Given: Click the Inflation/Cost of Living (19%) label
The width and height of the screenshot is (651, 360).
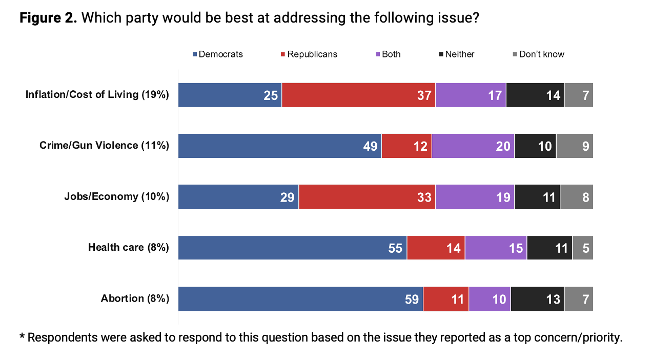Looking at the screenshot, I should [x=97, y=95].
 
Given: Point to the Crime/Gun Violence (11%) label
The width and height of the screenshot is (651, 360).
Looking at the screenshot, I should [x=104, y=146].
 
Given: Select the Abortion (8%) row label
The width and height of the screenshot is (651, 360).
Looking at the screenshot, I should [x=135, y=299].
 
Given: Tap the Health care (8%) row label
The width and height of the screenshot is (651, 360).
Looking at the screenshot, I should [x=129, y=248].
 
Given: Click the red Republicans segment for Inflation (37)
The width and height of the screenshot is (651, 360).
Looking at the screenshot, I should [x=358, y=95].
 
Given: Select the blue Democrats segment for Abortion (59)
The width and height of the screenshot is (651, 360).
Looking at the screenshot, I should [x=300, y=299].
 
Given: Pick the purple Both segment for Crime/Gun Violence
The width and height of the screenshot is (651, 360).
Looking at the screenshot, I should [x=473, y=146].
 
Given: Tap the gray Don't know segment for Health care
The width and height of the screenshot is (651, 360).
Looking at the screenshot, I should [x=583, y=248].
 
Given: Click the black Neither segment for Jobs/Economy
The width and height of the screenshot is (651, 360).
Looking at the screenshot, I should [x=537, y=196].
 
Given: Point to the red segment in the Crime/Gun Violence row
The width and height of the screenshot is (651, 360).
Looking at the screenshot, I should [x=406, y=146].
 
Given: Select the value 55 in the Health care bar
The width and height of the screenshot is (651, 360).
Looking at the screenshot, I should [x=395, y=248].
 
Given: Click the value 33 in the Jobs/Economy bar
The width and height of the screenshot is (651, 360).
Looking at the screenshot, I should [x=424, y=197].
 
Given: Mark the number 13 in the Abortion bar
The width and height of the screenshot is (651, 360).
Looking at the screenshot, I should [x=553, y=299].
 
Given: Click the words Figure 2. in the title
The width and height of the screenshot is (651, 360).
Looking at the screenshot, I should [x=48, y=18].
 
